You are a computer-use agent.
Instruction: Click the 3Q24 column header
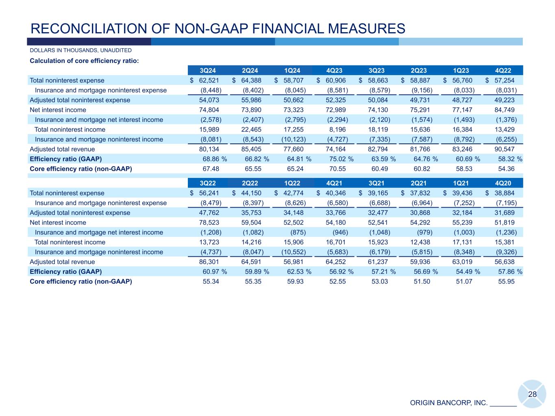(209, 71)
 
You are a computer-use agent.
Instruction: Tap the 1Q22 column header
(293, 183)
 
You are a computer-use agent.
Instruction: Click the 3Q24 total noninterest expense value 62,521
(209, 80)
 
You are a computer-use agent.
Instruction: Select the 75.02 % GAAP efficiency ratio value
(341, 159)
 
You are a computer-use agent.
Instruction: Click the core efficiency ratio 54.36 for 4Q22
(506, 169)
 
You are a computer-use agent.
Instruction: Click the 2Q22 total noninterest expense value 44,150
(251, 193)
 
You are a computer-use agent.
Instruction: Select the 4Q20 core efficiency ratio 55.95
(506, 281)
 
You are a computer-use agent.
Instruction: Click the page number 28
(532, 394)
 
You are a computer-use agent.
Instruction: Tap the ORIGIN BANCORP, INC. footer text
(448, 403)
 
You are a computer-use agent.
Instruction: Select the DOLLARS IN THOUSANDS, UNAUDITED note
(81, 50)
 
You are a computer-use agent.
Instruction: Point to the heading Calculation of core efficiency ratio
(84, 61)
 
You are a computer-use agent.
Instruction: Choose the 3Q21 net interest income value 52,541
(378, 222)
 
